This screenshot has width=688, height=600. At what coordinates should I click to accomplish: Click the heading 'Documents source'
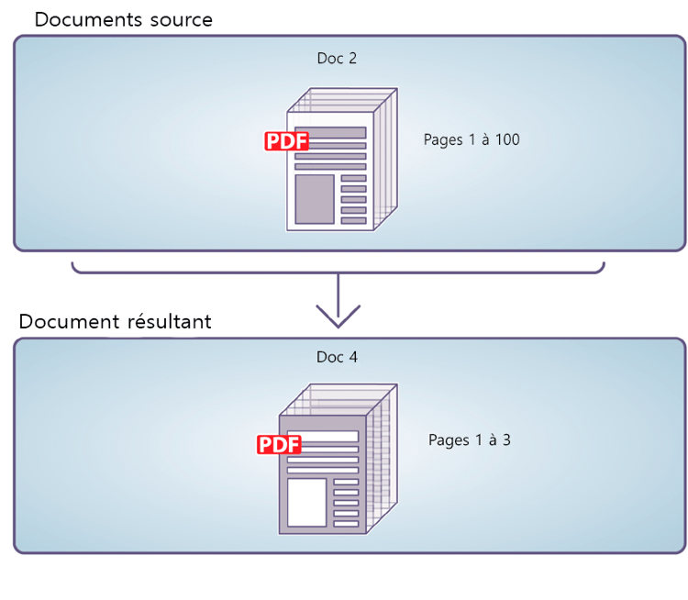click(x=123, y=19)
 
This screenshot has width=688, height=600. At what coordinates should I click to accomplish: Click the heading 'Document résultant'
click(x=115, y=322)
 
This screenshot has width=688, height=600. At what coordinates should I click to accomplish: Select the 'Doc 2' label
click(x=337, y=59)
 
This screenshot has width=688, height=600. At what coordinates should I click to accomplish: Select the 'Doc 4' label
click(x=337, y=357)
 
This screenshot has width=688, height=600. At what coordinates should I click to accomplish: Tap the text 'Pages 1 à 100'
click(x=472, y=139)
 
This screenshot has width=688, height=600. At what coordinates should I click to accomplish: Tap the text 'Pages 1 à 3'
click(x=469, y=439)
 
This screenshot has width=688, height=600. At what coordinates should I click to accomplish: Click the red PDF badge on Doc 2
click(x=287, y=140)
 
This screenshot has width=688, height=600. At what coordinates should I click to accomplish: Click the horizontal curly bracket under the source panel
click(x=338, y=270)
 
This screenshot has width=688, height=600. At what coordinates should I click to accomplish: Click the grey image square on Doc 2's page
click(x=314, y=199)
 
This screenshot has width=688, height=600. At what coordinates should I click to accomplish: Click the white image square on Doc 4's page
click(x=306, y=502)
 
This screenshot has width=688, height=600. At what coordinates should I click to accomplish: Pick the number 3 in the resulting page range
click(x=505, y=439)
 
